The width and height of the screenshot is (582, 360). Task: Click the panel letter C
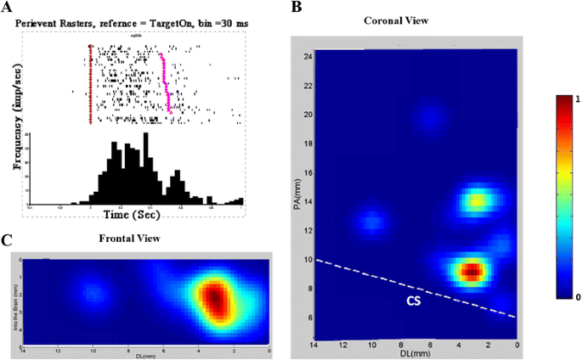(8, 241)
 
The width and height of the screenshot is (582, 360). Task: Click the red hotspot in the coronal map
(472, 271)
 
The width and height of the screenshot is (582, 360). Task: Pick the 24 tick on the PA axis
(308, 56)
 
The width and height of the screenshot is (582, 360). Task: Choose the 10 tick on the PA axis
(308, 259)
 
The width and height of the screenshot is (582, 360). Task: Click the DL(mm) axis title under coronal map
(415, 354)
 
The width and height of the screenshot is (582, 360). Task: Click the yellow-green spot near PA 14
(477, 201)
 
